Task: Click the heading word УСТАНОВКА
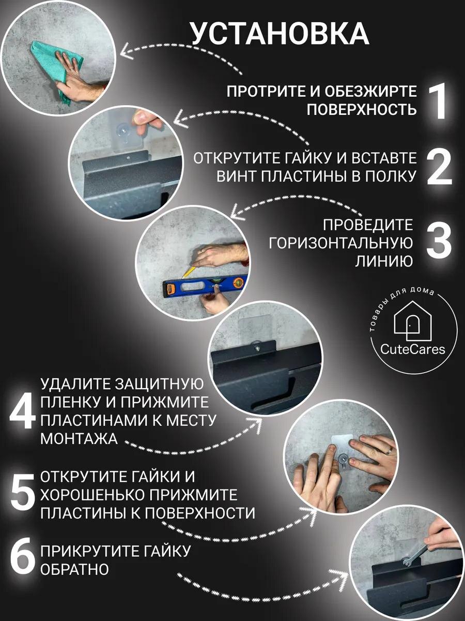click(279, 34)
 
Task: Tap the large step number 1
click(438, 101)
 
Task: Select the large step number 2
click(439, 167)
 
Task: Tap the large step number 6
click(23, 560)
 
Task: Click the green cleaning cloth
click(49, 65)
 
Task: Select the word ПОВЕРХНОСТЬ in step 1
click(362, 110)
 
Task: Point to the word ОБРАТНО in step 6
click(75, 569)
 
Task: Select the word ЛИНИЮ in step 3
click(384, 261)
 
